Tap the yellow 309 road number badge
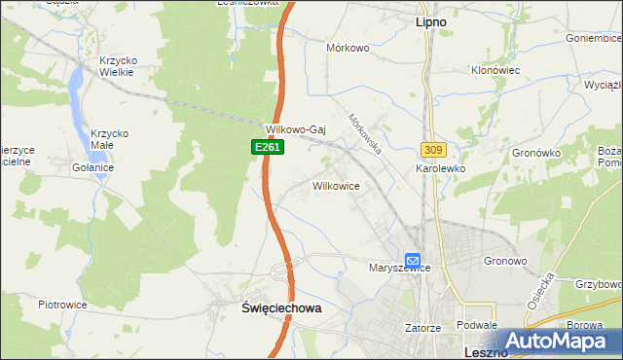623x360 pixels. click(433, 149)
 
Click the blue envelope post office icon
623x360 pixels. click(413, 261)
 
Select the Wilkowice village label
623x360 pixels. click(337, 185)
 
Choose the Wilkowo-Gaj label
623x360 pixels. click(295, 129)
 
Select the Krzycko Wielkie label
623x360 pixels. click(118, 66)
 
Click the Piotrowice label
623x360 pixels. click(62, 305)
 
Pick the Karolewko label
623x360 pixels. click(441, 168)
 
